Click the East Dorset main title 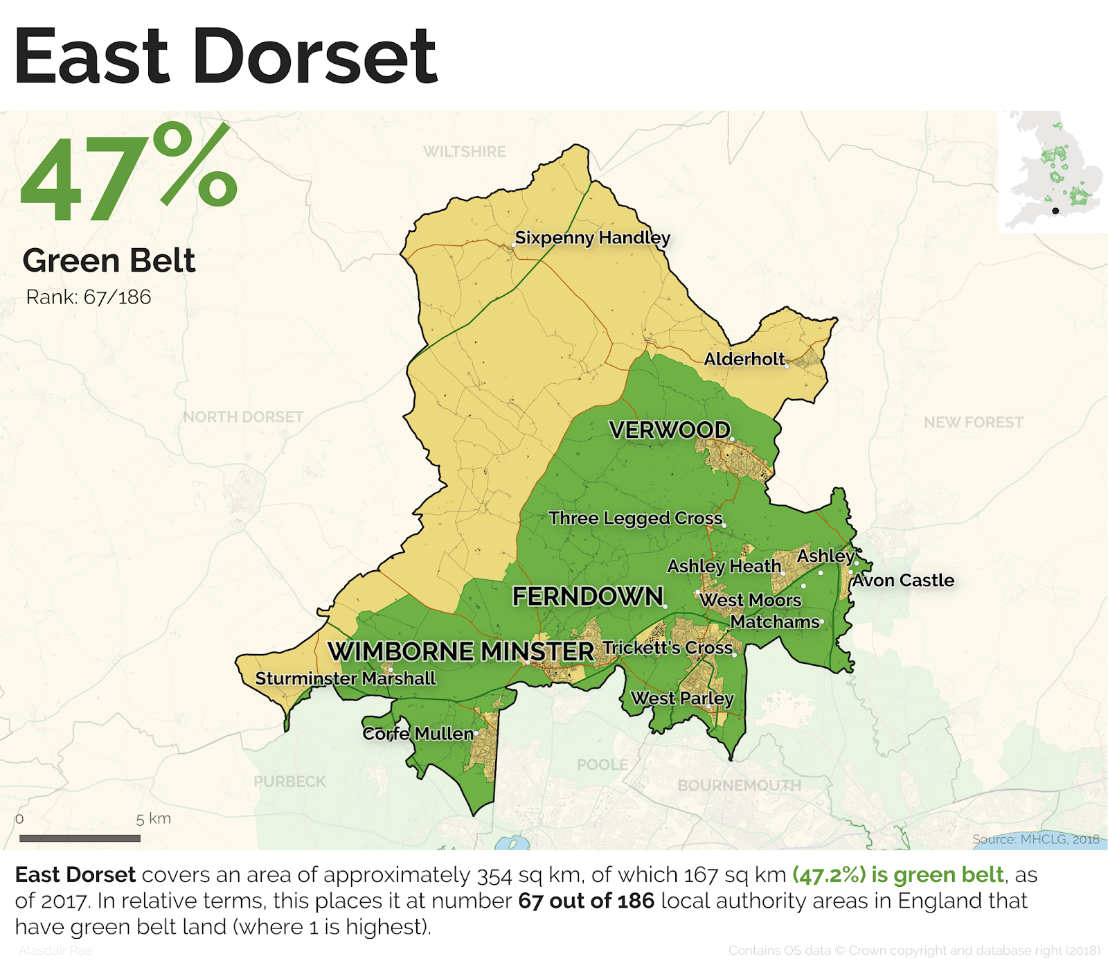pyautogui.click(x=225, y=57)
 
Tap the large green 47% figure pyautogui.click(x=129, y=173)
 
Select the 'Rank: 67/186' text pyautogui.click(x=89, y=297)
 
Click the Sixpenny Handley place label pyautogui.click(x=592, y=238)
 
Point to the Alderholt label pyautogui.click(x=744, y=359)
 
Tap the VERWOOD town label pyautogui.click(x=670, y=430)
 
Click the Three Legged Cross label pyautogui.click(x=635, y=518)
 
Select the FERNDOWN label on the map pyautogui.click(x=587, y=596)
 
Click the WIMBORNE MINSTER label pyautogui.click(x=461, y=651)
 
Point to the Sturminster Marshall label pyautogui.click(x=346, y=678)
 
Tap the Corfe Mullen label pyautogui.click(x=418, y=733)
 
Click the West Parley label pyautogui.click(x=682, y=698)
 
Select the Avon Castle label pyautogui.click(x=903, y=581)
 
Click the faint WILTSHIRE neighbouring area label pyautogui.click(x=465, y=152)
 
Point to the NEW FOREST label pyautogui.click(x=973, y=422)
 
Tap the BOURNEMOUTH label pyautogui.click(x=739, y=786)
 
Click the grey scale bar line pyautogui.click(x=80, y=838)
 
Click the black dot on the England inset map pyautogui.click(x=1055, y=211)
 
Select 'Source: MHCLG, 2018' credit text pyautogui.click(x=1035, y=839)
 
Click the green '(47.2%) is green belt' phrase pyautogui.click(x=898, y=875)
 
